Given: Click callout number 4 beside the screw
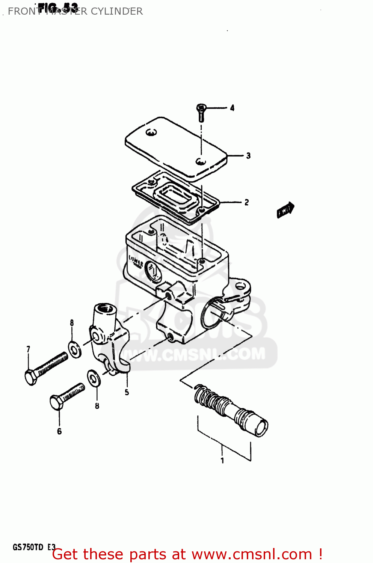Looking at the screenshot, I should click(x=232, y=108).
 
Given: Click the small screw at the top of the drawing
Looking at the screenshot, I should click(x=201, y=112).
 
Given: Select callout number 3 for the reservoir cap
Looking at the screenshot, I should click(x=248, y=156).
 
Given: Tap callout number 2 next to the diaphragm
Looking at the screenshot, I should click(x=246, y=202).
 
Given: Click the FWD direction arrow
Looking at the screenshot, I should click(x=285, y=210).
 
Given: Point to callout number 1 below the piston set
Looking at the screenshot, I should click(x=222, y=461).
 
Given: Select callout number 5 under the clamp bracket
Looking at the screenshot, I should click(x=127, y=392).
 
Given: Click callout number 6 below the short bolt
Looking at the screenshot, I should click(x=59, y=432).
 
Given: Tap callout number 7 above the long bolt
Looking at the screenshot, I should click(x=28, y=349).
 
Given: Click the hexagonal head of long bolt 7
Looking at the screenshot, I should click(x=31, y=377).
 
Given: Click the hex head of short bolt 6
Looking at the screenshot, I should click(x=56, y=402).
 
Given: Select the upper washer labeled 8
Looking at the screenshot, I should click(x=75, y=350).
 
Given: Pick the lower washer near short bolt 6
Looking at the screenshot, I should click(x=94, y=378).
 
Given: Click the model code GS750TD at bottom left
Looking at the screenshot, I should click(x=28, y=547).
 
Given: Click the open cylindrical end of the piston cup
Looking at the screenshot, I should click(x=261, y=428).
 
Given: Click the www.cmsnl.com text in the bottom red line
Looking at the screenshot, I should click(x=252, y=554).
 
